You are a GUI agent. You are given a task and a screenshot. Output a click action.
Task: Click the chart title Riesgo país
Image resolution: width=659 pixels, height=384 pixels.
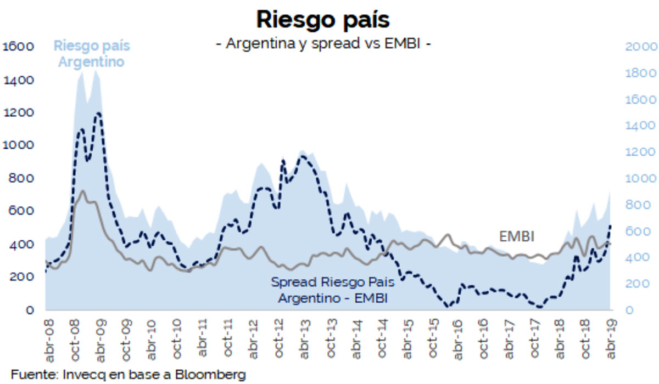pos(323,20)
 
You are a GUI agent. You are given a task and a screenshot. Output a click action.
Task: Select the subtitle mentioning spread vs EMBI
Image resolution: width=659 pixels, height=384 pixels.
pos(323,44)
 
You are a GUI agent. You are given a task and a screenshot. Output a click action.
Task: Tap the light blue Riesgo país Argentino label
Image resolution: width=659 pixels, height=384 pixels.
pos(92,54)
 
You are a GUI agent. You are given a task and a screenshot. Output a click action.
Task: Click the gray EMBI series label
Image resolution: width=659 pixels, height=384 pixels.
pos(517,236)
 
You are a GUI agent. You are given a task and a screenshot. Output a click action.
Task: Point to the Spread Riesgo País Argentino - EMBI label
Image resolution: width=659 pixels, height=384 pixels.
pos(333,290)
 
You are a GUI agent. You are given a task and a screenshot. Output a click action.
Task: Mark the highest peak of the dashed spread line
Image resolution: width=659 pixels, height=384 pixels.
pos(98,113)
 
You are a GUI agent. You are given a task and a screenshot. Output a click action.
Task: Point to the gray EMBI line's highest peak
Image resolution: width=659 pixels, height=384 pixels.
pos(82,191)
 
